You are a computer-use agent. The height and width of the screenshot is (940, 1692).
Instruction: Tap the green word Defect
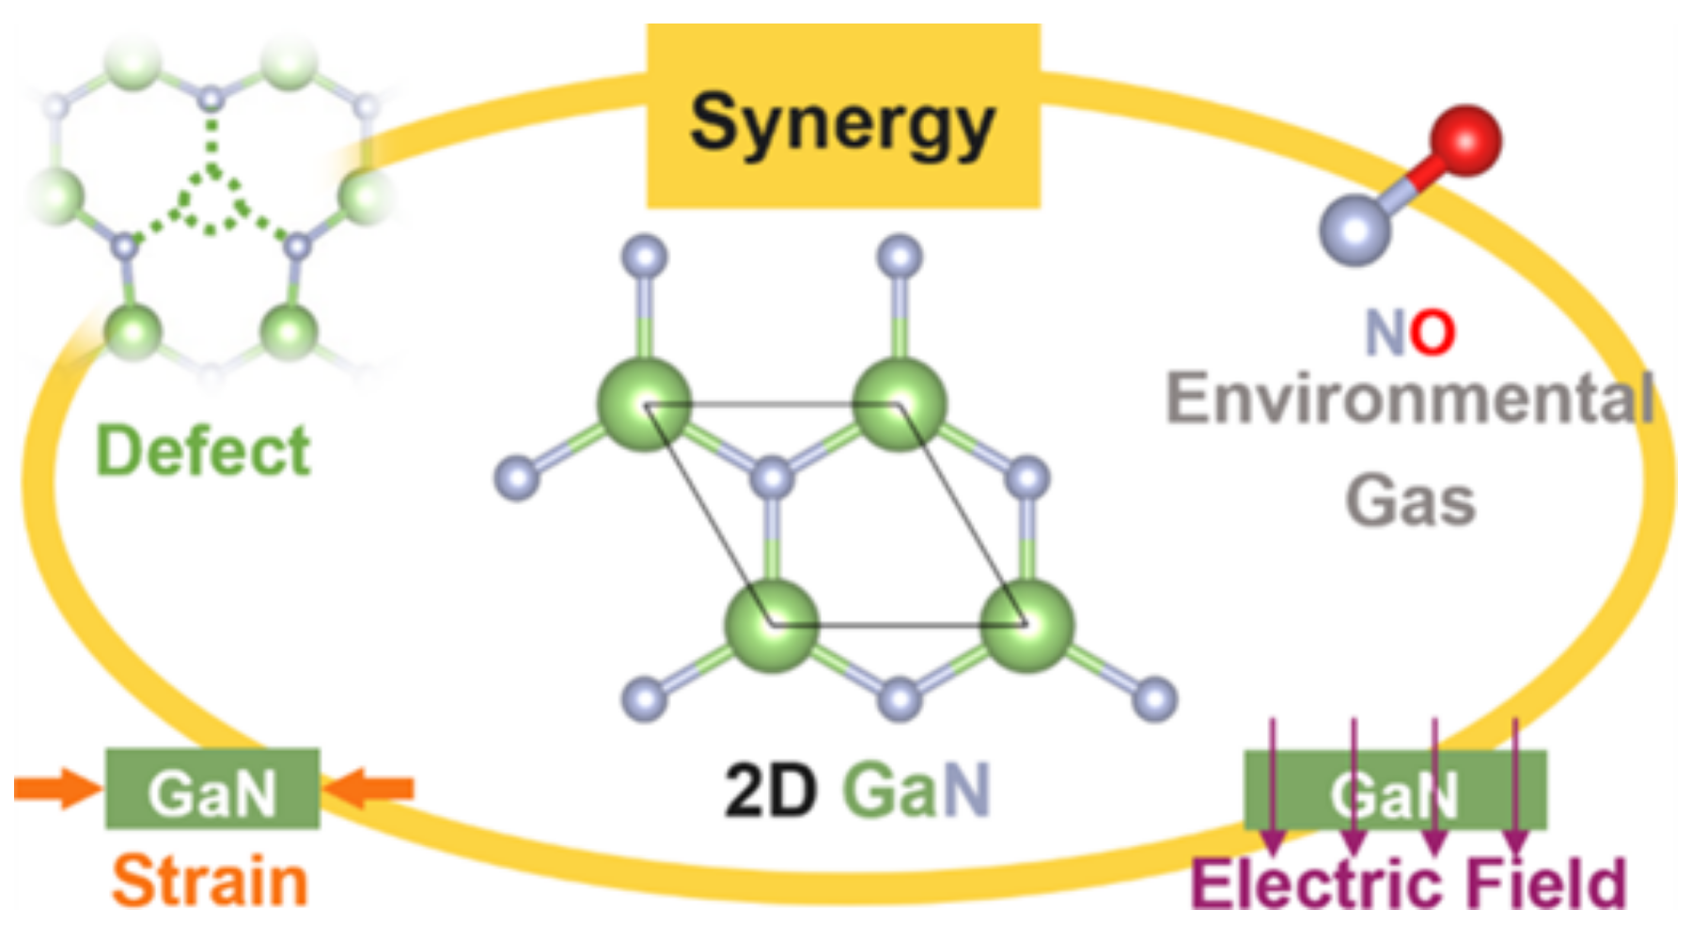click(x=203, y=450)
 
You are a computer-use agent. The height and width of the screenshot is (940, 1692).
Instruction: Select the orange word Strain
click(x=210, y=881)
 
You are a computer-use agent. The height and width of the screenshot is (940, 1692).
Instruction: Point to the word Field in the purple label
click(x=1545, y=884)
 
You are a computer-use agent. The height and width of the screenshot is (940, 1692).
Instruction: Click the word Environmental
click(x=1410, y=398)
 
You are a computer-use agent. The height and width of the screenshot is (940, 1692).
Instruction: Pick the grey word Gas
click(x=1410, y=500)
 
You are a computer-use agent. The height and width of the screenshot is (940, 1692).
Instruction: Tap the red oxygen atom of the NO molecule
click(x=1465, y=141)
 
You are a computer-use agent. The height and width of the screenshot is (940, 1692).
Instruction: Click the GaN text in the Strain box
click(x=212, y=793)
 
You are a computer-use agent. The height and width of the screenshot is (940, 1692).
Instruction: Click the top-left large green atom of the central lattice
click(x=645, y=404)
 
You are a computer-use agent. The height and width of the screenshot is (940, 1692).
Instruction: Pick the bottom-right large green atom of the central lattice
click(x=1026, y=625)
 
